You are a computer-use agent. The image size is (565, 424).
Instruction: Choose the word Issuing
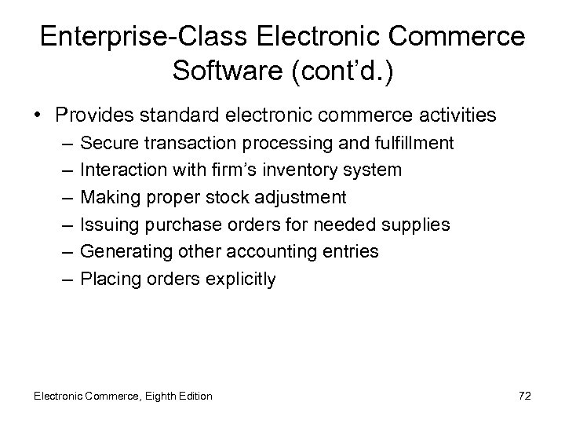108,225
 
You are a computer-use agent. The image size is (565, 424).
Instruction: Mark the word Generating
122,252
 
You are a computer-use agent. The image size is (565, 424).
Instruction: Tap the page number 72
524,396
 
